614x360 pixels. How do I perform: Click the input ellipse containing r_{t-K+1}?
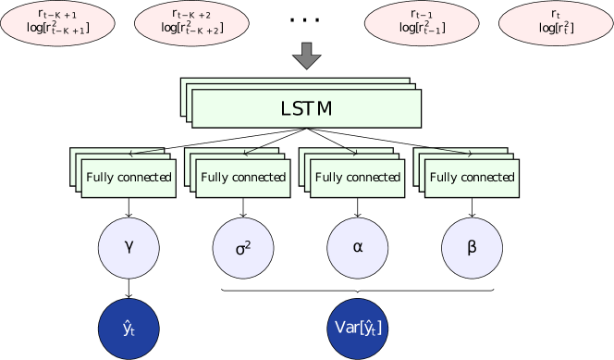click(x=57, y=22)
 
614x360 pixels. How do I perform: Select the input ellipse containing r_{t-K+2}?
click(x=191, y=22)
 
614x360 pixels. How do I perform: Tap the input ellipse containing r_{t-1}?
click(x=422, y=22)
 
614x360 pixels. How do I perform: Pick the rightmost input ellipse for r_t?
click(x=555, y=22)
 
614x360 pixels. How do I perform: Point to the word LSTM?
click(x=306, y=109)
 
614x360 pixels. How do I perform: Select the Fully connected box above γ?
click(x=129, y=178)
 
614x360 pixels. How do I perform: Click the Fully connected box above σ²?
click(x=243, y=178)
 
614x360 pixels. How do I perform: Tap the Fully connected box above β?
click(x=473, y=178)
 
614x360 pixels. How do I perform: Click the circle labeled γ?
click(x=129, y=248)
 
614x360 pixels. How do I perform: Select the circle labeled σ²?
click(x=243, y=248)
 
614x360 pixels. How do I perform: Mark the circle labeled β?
click(x=473, y=248)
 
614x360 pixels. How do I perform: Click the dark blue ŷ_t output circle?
click(x=129, y=327)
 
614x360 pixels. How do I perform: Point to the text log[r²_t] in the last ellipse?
click(x=555, y=29)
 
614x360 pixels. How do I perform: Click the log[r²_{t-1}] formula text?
click(x=422, y=29)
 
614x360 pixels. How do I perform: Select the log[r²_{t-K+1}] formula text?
click(x=57, y=29)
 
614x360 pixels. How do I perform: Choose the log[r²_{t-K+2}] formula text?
click(x=191, y=29)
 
